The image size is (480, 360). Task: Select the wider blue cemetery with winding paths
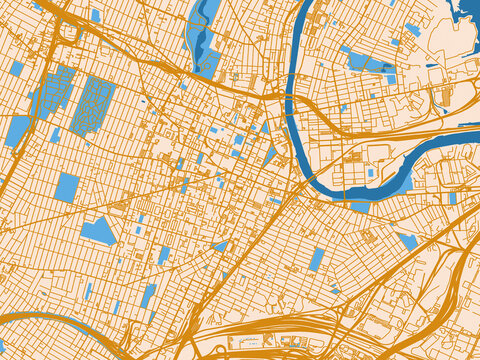pos(93,104)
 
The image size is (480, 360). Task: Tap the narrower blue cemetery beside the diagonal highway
pos(55,91)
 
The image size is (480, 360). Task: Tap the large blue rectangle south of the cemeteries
pos(66,187)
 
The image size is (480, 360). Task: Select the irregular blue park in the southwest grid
pos(98,231)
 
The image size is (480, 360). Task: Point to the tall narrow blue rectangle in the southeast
pos(317,260)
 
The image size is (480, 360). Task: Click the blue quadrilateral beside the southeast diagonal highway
pos(408,241)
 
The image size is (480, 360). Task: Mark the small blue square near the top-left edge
pos(96,15)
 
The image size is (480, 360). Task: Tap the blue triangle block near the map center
pos(270,156)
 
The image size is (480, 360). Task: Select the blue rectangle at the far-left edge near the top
pos(17,68)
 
